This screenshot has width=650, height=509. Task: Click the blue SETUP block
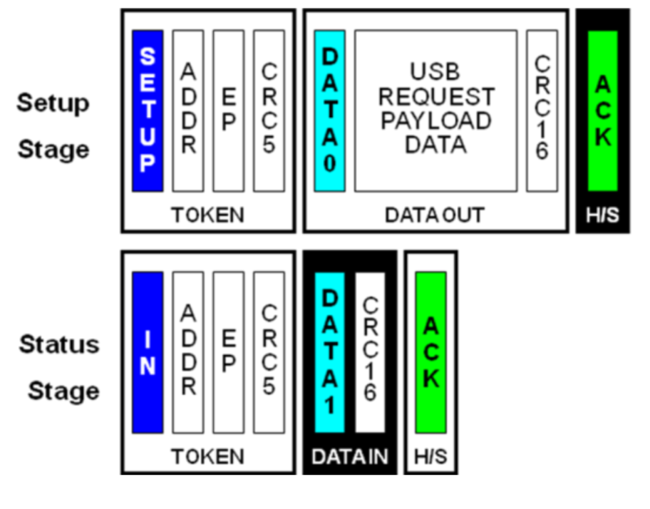click(x=148, y=110)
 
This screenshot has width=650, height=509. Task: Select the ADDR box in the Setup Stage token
click(x=188, y=110)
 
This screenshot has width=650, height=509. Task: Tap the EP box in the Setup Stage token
click(x=228, y=110)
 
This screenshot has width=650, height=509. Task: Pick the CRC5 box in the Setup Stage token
click(x=269, y=110)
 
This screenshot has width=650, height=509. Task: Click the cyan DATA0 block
click(x=330, y=110)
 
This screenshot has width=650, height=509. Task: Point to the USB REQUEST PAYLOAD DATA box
click(x=435, y=110)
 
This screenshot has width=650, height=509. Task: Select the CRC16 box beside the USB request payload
click(x=542, y=110)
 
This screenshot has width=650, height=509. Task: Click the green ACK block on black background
click(x=603, y=110)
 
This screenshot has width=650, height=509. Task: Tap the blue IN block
click(x=148, y=352)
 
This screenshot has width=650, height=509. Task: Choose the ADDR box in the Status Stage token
click(x=188, y=352)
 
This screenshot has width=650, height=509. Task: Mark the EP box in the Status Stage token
click(x=228, y=352)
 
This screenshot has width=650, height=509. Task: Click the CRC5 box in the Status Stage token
click(x=269, y=352)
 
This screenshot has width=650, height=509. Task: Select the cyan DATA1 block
click(x=330, y=352)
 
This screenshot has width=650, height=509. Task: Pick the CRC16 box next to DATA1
click(x=370, y=352)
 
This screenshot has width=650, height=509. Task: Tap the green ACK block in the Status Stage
click(x=431, y=352)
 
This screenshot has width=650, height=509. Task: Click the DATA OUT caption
click(x=435, y=215)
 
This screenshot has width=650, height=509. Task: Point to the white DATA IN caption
click(x=350, y=456)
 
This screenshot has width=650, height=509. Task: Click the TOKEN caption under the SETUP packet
click(x=207, y=215)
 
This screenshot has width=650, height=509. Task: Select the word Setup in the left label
click(x=53, y=103)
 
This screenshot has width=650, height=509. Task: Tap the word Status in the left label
click(x=59, y=344)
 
